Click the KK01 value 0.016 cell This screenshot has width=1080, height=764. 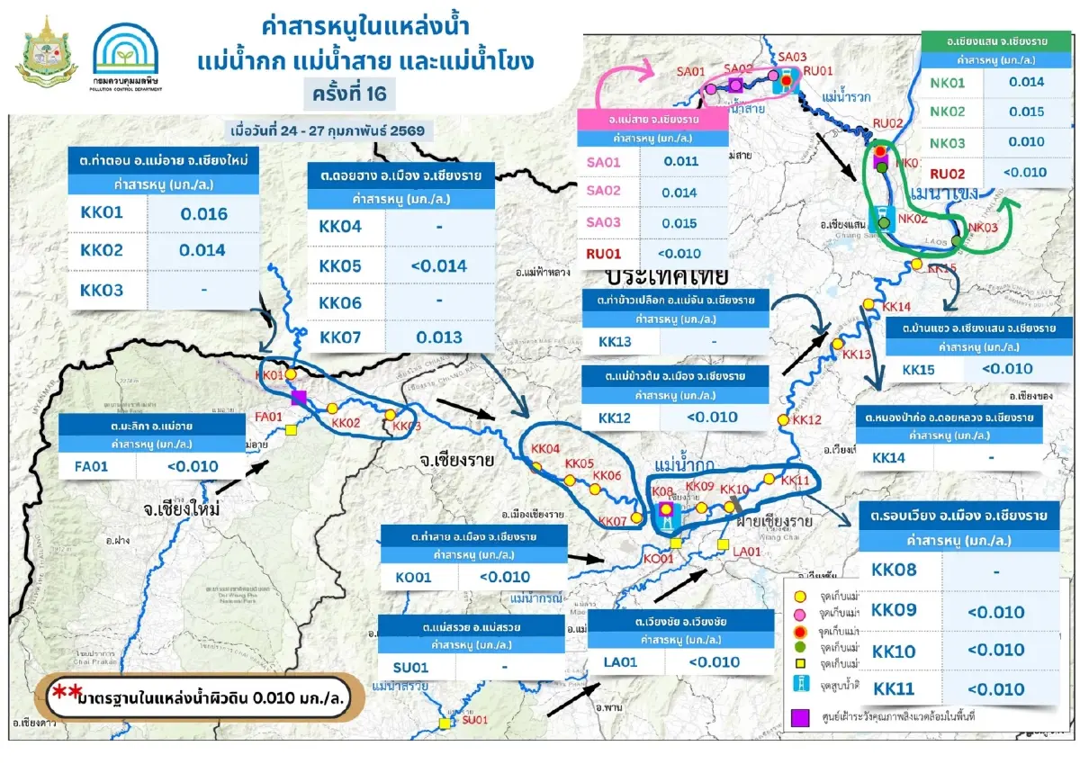click(203, 214)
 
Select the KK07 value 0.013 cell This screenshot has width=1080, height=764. click(439, 337)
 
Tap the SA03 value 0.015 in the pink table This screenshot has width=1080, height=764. click(679, 223)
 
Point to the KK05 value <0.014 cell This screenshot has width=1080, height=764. click(439, 265)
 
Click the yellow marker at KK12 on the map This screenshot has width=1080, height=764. click(783, 420)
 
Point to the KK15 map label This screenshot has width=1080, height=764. click(942, 268)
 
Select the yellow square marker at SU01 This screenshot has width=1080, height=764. click(444, 723)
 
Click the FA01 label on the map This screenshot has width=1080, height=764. click(269, 417)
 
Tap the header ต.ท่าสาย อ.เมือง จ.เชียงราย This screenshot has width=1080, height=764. click(473, 536)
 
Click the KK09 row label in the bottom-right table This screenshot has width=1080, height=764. click(895, 611)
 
